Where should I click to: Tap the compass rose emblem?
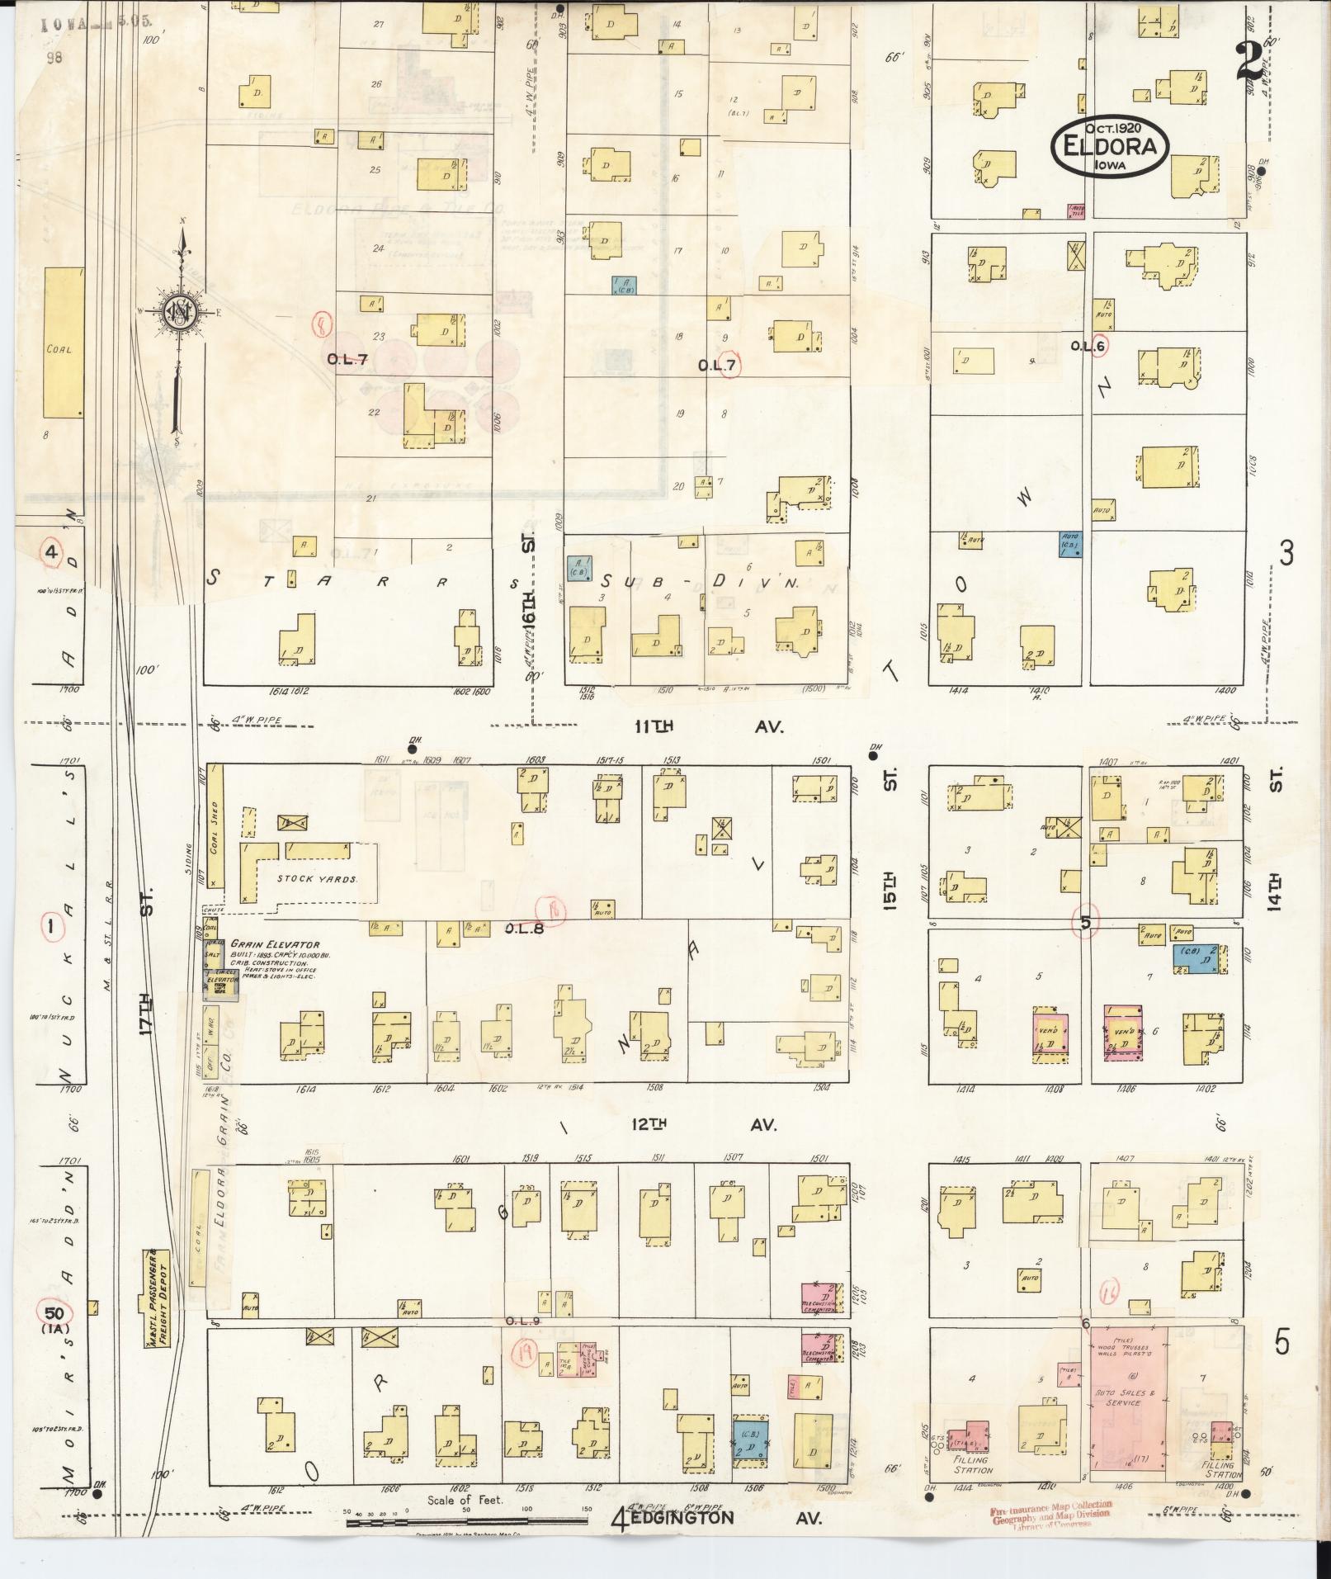(177, 312)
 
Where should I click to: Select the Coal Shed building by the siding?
(216, 825)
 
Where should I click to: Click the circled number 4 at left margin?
(52, 551)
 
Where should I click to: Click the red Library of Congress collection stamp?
(1050, 1513)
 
